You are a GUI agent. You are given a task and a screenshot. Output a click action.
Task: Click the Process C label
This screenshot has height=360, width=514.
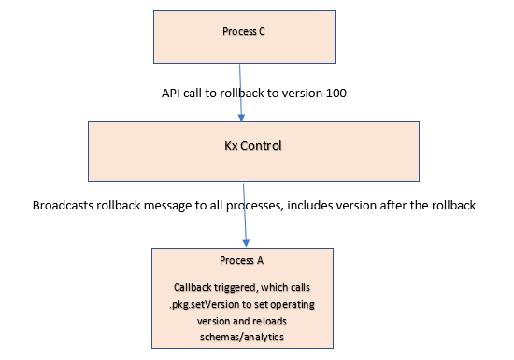click(244, 31)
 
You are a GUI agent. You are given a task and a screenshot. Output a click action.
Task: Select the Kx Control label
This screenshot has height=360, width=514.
click(252, 146)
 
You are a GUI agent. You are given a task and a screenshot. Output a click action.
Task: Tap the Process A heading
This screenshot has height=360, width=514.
click(242, 260)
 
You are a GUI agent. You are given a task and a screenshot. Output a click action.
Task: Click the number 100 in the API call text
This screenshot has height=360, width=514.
click(336, 94)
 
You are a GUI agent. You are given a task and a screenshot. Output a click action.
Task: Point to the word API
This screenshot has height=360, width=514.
click(170, 94)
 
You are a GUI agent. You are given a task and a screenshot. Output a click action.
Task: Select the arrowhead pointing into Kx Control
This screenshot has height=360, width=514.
click(241, 118)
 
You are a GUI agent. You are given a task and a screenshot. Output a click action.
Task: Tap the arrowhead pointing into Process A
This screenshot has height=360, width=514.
click(246, 243)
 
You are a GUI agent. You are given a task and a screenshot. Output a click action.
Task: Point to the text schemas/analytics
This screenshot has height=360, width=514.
click(242, 337)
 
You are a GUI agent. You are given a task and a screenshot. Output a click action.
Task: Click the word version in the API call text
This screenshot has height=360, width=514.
click(302, 94)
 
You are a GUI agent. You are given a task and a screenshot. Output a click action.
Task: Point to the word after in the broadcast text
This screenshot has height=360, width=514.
click(393, 205)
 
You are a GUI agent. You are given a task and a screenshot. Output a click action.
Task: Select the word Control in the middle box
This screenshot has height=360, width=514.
click(261, 146)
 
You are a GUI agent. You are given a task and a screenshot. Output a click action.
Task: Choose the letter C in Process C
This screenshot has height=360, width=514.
click(262, 31)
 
